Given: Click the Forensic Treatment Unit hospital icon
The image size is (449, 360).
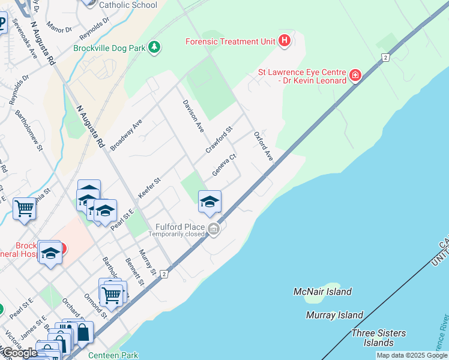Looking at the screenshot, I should pos(285,41).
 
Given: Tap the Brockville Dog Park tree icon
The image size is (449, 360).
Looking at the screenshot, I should pos(154,47).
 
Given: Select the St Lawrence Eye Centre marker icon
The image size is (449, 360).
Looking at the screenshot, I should pos(355,76).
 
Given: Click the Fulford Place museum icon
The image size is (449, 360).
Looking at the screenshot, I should pos(214,229).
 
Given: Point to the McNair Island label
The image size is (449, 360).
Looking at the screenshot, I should pos(322,292).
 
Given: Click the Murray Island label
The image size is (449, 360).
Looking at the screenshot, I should pos(334,315).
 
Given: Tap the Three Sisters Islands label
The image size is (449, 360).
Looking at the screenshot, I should pos(379,338).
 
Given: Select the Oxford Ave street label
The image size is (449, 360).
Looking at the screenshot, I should pos(264,146).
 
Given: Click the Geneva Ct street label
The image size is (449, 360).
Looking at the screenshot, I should pos(224,164).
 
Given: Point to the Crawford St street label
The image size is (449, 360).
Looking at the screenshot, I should pos(219,139).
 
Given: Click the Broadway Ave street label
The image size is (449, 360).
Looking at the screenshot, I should pos(125,134).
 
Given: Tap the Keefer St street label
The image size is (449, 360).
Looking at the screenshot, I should pos(149,187).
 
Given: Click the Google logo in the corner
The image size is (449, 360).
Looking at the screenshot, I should pos(19,353).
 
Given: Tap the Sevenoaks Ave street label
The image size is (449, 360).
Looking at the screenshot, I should pos(25,41).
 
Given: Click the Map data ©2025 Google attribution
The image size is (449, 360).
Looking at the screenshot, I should pos(411,355).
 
